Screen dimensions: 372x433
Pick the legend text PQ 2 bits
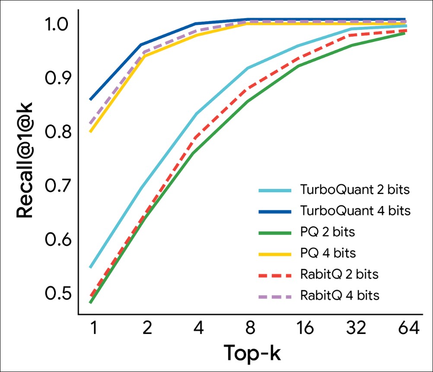pyautogui.click(x=327, y=232)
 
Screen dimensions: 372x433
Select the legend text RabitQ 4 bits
pyautogui.click(x=339, y=296)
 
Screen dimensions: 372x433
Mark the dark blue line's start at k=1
pyautogui.click(x=90, y=100)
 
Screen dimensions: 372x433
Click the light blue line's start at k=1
pyautogui.click(x=90, y=267)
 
